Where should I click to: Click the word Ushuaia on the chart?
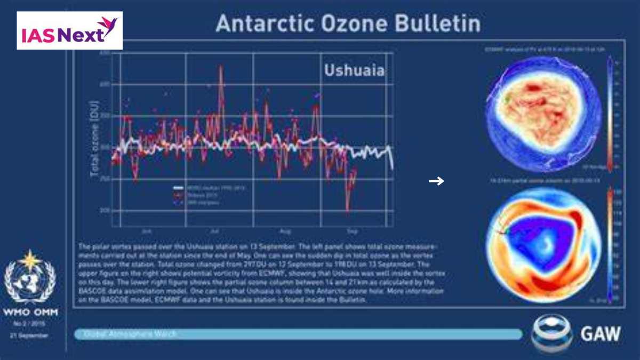tap(354, 70)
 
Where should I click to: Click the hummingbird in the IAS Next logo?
tap(109, 26)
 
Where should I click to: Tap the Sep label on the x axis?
tap(352, 233)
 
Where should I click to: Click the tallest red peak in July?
tap(221, 67)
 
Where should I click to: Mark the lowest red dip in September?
tap(348, 211)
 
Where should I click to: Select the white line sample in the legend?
tap(178, 188)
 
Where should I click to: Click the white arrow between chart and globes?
tap(436, 181)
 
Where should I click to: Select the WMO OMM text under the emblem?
tap(30, 311)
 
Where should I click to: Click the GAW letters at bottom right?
tap(600, 334)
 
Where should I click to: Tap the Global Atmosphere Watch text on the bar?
tap(131, 334)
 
